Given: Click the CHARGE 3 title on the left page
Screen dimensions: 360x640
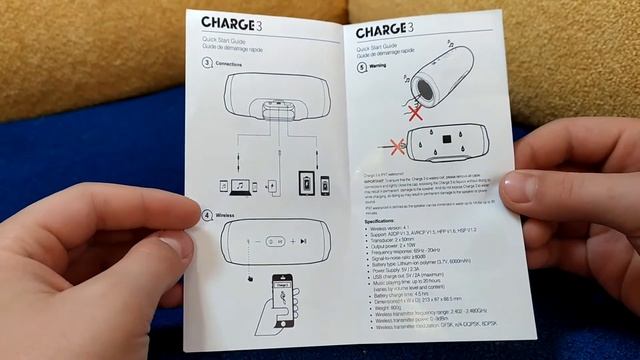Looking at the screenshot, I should (234, 23).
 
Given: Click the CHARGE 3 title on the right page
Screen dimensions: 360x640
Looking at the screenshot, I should (384, 29).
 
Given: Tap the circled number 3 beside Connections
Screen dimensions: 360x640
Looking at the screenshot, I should (207, 63).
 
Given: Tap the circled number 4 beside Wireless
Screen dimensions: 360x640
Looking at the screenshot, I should (207, 215).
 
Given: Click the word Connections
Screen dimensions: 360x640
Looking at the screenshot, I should (230, 63).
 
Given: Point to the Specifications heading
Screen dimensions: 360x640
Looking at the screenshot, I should (377, 218).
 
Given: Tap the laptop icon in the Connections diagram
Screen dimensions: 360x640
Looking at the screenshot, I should (240, 186).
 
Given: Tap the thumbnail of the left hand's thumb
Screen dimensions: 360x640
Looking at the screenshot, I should (175, 246).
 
